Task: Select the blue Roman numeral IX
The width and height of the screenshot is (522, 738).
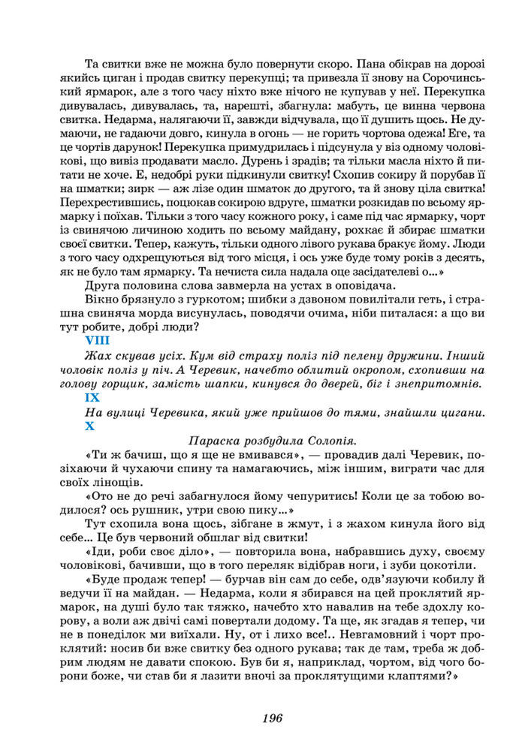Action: click(92, 398)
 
